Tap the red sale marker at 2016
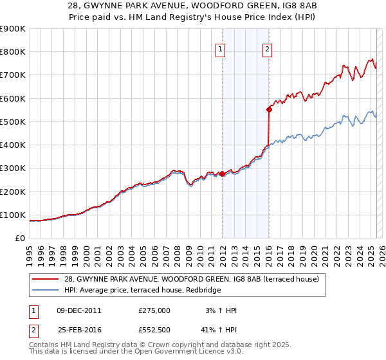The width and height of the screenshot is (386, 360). pyautogui.click(x=269, y=109)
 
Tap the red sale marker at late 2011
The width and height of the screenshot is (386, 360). pyautogui.click(x=222, y=174)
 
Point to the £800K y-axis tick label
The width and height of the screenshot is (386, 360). pyautogui.click(x=14, y=52)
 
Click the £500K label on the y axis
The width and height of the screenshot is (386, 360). pyautogui.click(x=14, y=122)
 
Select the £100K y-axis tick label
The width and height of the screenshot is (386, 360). pyautogui.click(x=14, y=215)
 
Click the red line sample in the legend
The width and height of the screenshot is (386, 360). pyautogui.click(x=46, y=279)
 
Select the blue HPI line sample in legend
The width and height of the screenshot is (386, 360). pyautogui.click(x=46, y=291)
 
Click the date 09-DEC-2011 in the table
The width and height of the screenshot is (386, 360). pyautogui.click(x=78, y=310)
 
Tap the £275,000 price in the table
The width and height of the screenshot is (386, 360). pyautogui.click(x=154, y=310)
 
